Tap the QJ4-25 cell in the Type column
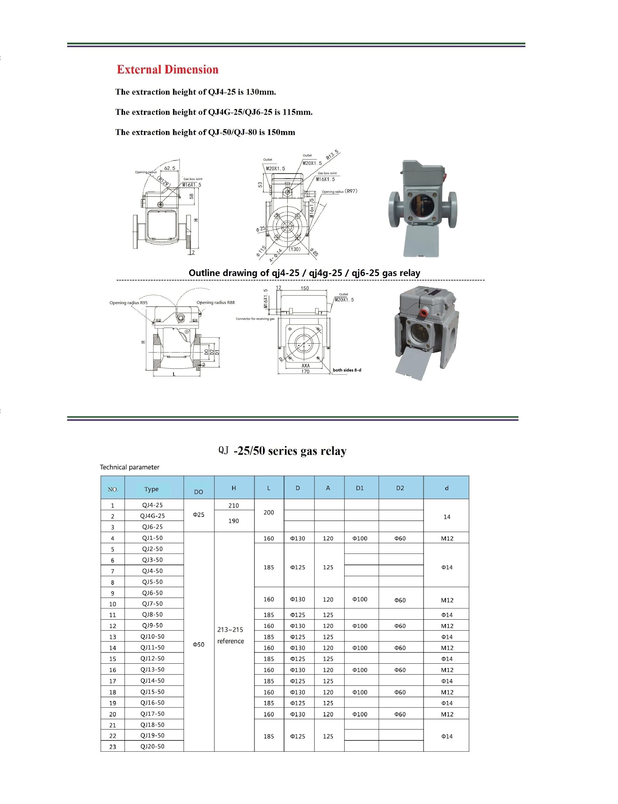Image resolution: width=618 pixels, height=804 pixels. point(152,505)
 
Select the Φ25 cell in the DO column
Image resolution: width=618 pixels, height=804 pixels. point(199,514)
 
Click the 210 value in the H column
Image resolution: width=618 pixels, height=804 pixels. point(234,505)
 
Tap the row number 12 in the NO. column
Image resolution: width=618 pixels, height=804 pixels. point(113,626)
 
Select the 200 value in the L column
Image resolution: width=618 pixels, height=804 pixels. point(269,512)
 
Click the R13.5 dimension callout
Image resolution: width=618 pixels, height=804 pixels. point(332,155)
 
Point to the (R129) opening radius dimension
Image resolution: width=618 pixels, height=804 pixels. point(163,181)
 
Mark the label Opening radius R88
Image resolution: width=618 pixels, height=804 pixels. point(216,302)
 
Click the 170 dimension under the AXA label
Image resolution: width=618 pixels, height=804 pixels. point(305,372)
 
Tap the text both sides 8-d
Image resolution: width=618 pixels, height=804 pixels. point(347,370)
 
